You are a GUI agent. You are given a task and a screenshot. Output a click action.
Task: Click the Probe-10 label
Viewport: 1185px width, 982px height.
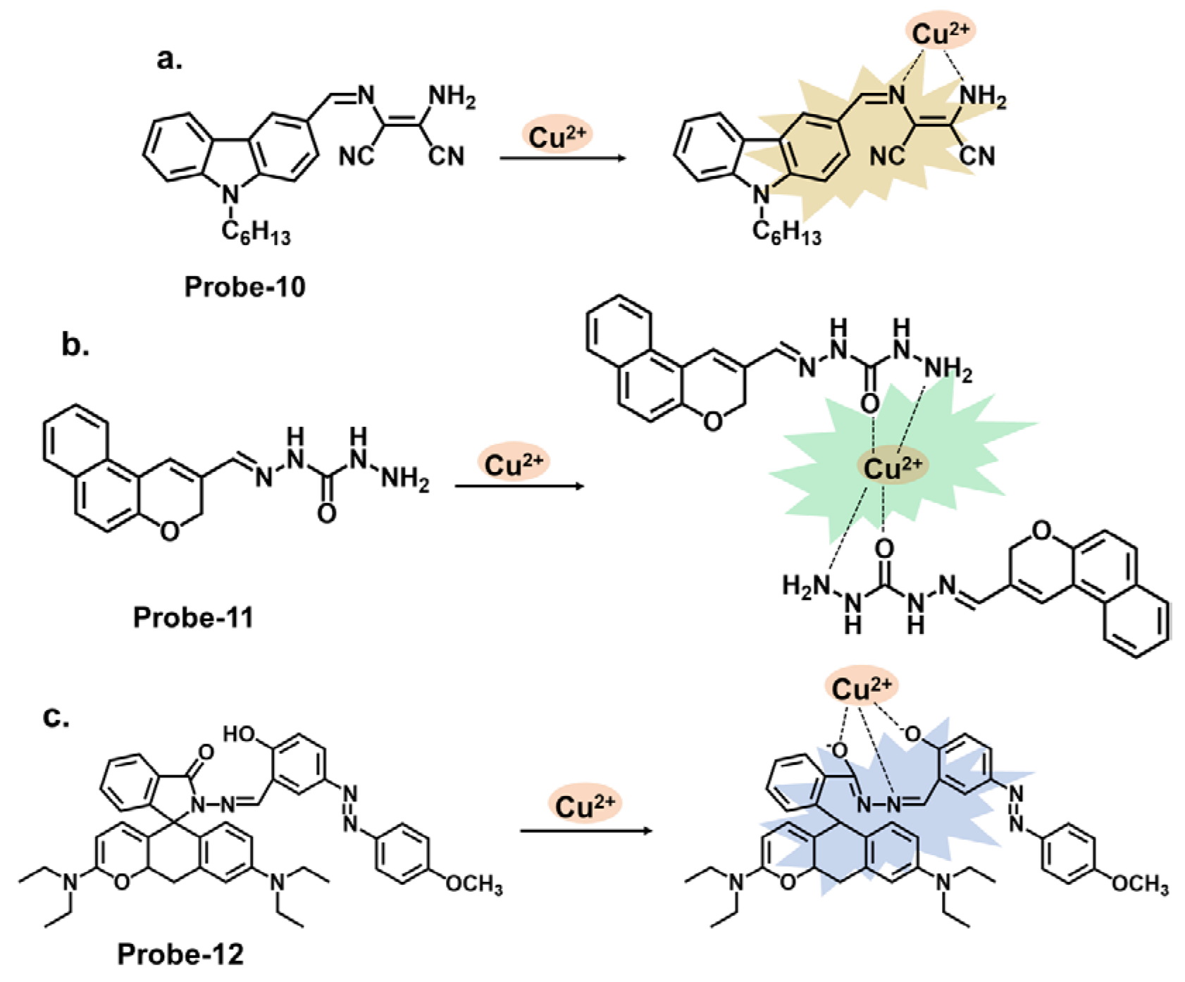[x=244, y=287]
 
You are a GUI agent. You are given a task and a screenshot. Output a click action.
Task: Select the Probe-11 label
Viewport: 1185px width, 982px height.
[x=193, y=617]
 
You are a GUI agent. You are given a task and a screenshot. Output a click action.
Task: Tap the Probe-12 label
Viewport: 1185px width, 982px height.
[x=180, y=954]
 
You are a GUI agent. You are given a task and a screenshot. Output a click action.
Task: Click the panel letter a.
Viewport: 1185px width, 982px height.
[x=169, y=60]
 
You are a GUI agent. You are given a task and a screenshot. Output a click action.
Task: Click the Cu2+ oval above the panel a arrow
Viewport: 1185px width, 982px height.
[x=557, y=136]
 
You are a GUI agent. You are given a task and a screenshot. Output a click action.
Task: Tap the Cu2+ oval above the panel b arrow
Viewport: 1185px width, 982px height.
[x=514, y=465]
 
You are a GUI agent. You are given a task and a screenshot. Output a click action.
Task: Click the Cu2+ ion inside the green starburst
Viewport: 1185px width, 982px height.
[x=892, y=467]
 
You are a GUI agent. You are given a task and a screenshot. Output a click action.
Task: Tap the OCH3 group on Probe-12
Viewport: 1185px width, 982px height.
[x=473, y=885]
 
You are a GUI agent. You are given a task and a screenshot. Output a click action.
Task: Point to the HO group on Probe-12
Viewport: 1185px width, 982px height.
[x=240, y=735]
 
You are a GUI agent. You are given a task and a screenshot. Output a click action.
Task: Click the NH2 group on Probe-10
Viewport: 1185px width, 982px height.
[x=452, y=97]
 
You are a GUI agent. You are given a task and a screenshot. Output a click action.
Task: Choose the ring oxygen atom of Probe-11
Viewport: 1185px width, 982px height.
[x=169, y=530]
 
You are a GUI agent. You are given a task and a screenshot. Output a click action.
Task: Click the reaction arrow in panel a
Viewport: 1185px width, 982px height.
[x=562, y=158]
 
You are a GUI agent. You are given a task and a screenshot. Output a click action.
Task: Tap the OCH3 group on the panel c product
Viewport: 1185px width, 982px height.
[x=1139, y=885]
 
